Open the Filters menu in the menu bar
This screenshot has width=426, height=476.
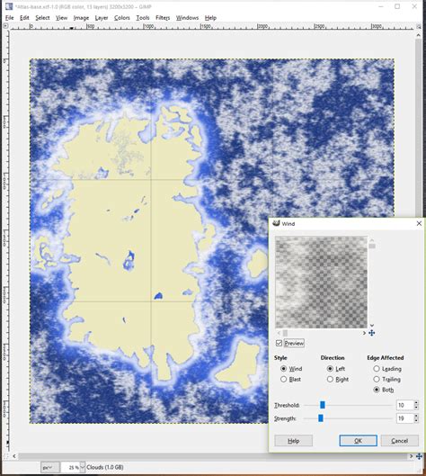(x=163, y=17)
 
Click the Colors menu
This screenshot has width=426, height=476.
(x=121, y=17)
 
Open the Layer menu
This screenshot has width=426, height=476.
(x=101, y=17)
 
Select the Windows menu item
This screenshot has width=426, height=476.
(x=187, y=17)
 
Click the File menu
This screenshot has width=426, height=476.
(x=9, y=17)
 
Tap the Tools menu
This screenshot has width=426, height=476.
(x=142, y=17)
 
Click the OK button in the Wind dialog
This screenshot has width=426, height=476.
(x=358, y=440)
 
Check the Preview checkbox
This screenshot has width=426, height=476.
(x=280, y=343)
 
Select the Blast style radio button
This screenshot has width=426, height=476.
(x=284, y=379)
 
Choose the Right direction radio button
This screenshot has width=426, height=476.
(x=329, y=379)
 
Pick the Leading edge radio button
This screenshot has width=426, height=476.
(x=377, y=368)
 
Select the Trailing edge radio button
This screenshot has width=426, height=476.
(x=377, y=379)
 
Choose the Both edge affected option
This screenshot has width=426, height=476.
(x=377, y=390)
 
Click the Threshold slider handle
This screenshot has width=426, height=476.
(x=323, y=406)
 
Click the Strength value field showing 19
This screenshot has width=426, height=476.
(x=404, y=418)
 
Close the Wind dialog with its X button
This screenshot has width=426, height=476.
(x=418, y=222)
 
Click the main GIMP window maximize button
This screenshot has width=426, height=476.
(x=397, y=5)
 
